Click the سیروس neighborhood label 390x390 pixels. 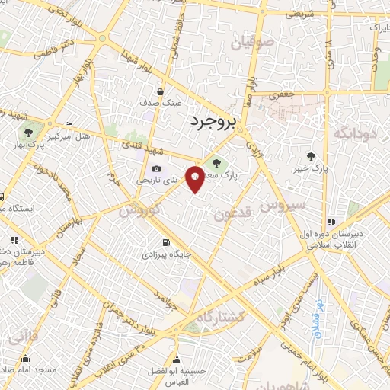tap(283, 204)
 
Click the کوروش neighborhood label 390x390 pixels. tap(139, 208)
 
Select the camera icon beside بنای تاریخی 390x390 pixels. tap(156, 169)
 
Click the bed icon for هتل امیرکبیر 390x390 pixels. tap(69, 125)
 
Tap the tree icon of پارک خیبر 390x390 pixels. tap(309, 156)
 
